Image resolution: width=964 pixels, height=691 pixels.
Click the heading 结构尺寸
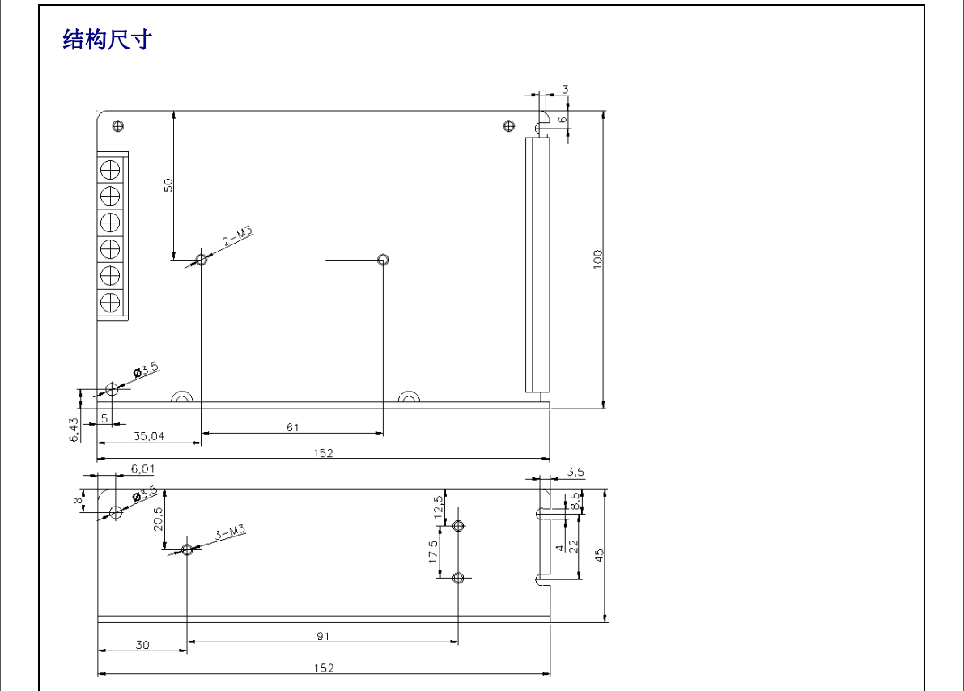coord(108,39)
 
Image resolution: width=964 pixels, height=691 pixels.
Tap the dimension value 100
coord(598,259)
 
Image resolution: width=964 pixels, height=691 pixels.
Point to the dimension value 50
coord(168,184)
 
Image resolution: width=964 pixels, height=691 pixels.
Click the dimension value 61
coord(292,427)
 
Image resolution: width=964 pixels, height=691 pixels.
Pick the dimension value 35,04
coord(149,436)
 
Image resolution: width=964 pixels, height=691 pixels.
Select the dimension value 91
coord(323,636)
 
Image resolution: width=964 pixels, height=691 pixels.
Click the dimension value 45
coord(600,555)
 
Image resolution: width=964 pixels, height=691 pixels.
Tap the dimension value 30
coord(142,645)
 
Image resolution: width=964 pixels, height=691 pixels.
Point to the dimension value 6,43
coord(74,429)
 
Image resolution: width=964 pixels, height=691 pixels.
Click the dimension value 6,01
coord(142,468)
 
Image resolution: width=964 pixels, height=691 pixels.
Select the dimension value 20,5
coord(159,519)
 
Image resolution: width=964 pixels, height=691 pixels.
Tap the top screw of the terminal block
coord(109,170)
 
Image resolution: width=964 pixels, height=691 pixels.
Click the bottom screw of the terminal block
coord(109,303)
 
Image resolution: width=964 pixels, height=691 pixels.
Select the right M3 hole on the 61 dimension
coord(383,260)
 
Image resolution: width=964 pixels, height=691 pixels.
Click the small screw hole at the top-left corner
coord(118,125)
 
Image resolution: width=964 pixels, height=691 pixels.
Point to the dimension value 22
coord(573,545)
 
